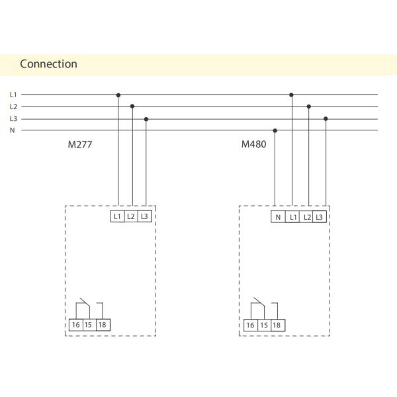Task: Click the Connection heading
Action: click(48, 64)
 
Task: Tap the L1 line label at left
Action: click(13, 95)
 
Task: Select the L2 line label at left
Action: click(13, 107)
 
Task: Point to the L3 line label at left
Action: click(13, 118)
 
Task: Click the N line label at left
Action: click(12, 130)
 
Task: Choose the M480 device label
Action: click(253, 144)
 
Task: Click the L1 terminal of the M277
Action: click(117, 216)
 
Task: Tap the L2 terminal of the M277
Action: click(131, 216)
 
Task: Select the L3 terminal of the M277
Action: click(145, 216)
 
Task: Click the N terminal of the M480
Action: click(278, 217)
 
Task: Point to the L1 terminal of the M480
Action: click(292, 217)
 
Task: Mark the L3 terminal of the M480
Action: click(320, 217)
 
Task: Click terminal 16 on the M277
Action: click(75, 325)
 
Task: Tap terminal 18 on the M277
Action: click(102, 325)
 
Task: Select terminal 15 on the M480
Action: click(263, 325)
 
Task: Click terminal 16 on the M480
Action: click(250, 325)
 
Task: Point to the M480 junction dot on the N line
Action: click(275, 130)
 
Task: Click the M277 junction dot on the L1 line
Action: click(118, 95)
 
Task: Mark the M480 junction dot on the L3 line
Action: click(326, 119)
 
